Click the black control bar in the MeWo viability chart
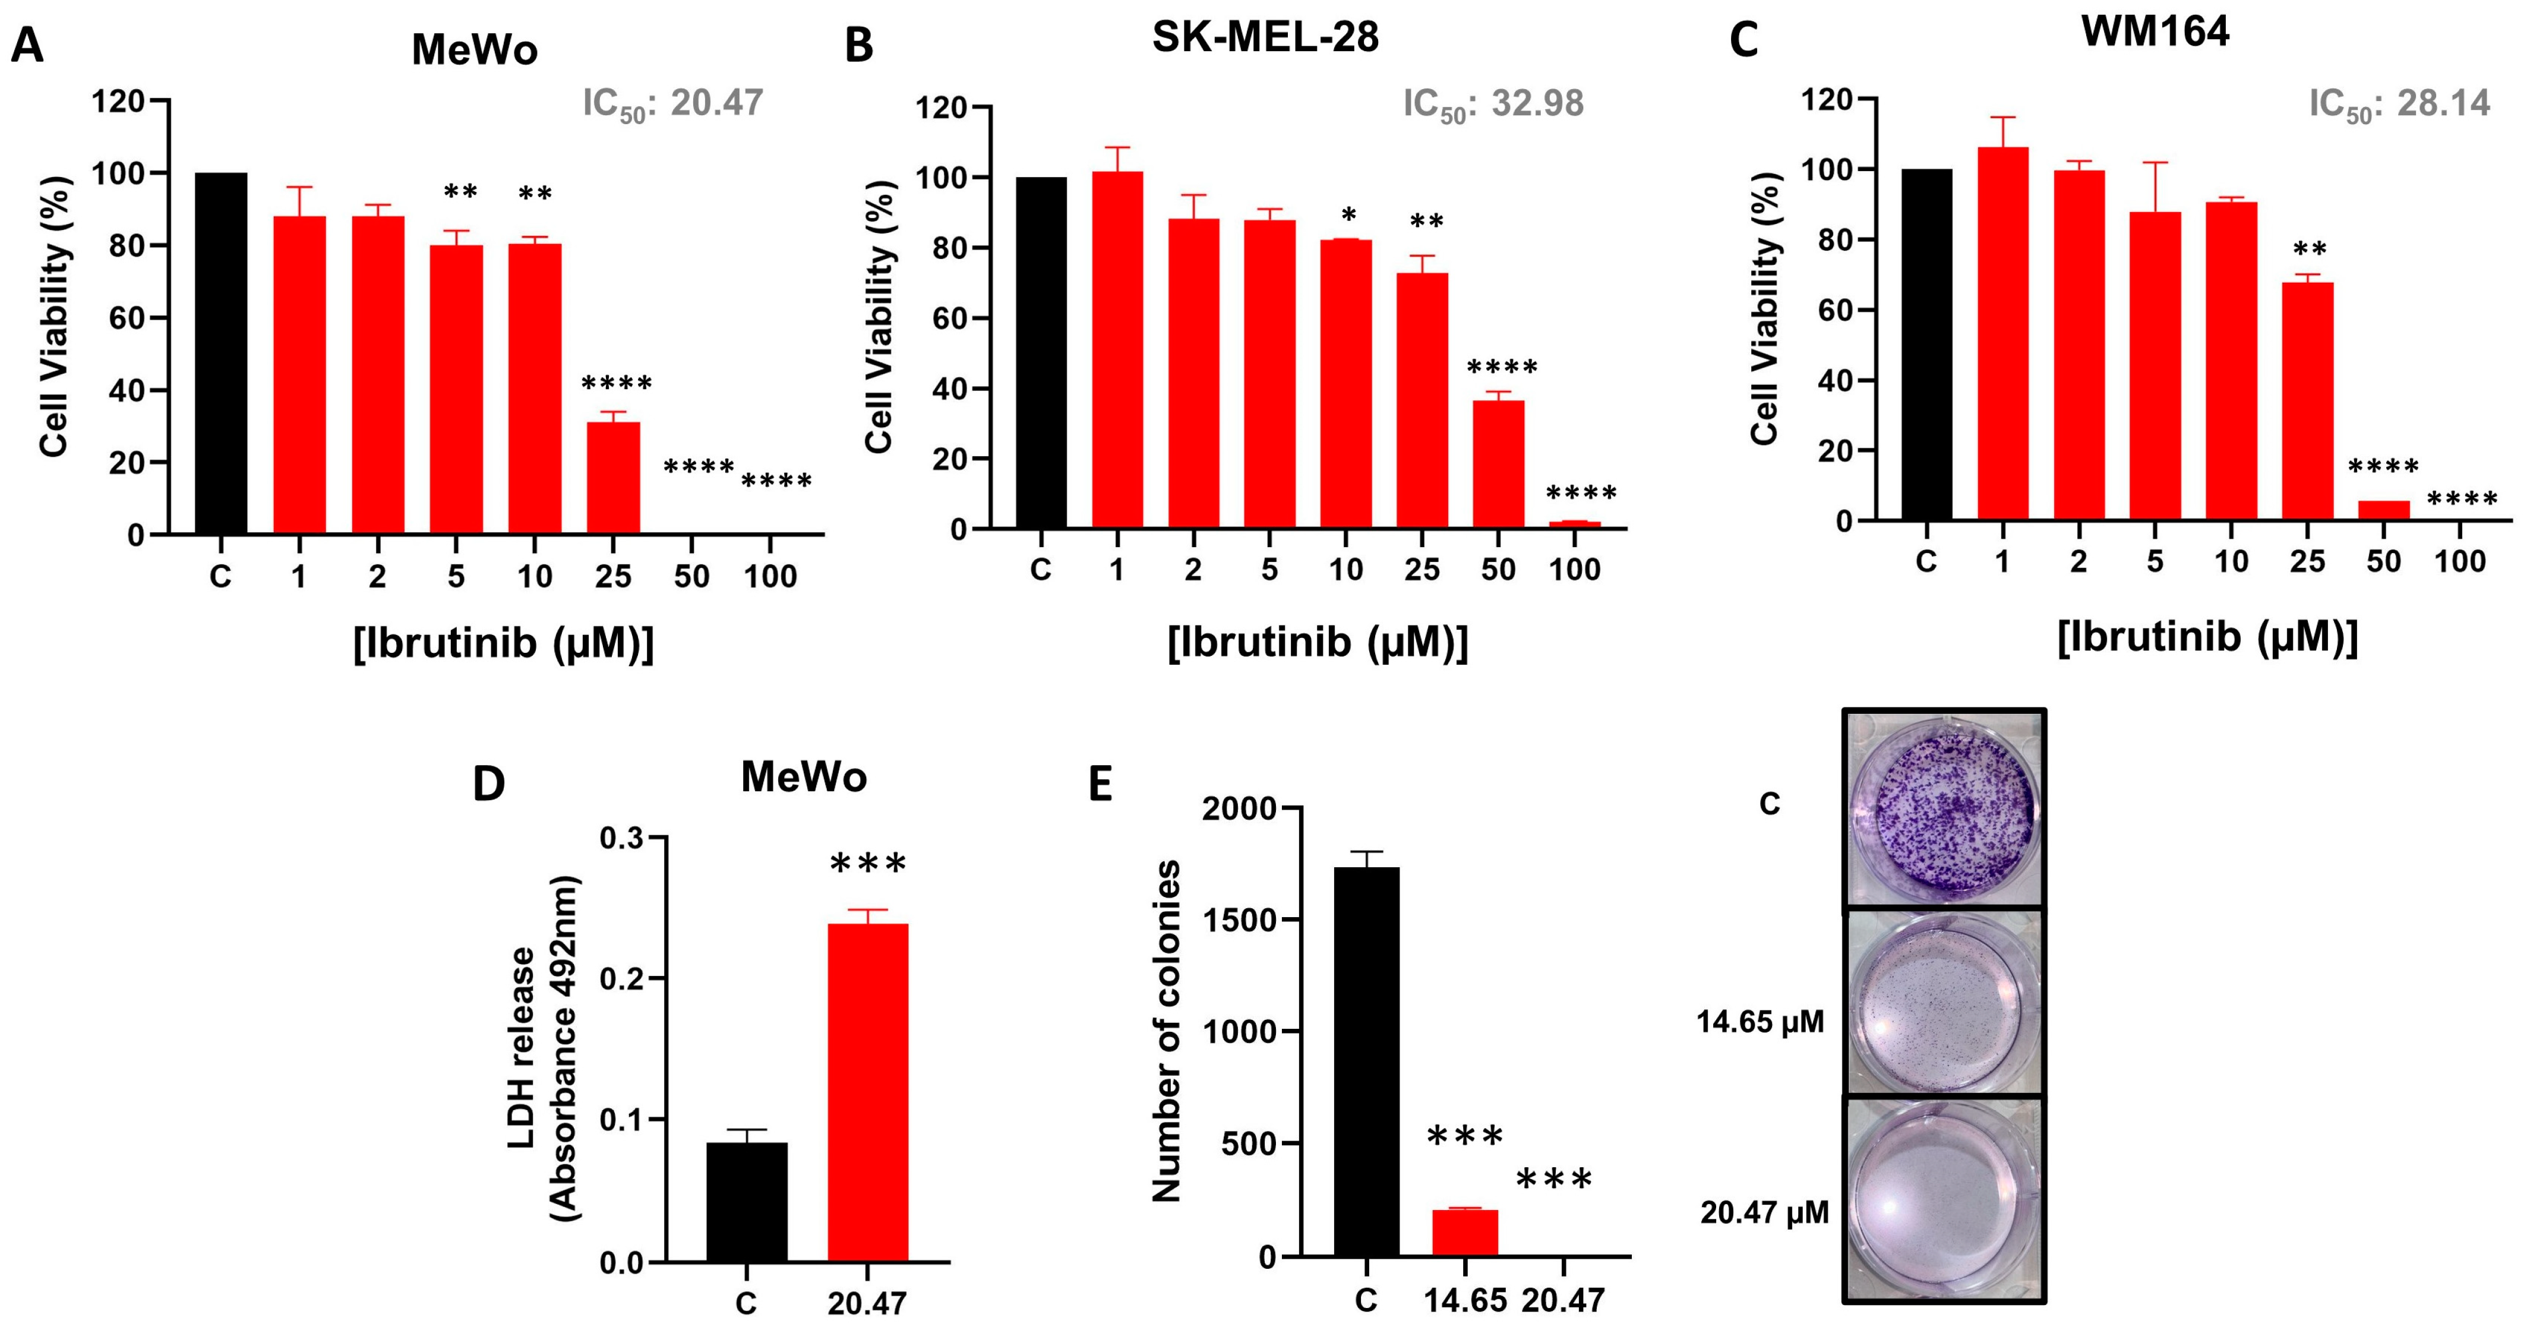pyautogui.click(x=221, y=353)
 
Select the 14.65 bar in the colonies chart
pyautogui.click(x=1465, y=1233)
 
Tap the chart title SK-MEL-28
pyautogui.click(x=1265, y=37)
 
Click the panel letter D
pyautogui.click(x=488, y=785)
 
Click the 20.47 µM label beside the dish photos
pyautogui.click(x=1764, y=1214)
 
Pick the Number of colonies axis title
pyautogui.click(x=1167, y=1031)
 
